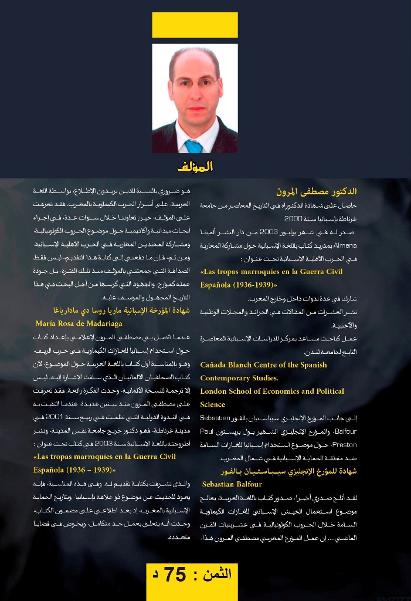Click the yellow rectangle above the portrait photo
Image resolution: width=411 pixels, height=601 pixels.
(x=195, y=25)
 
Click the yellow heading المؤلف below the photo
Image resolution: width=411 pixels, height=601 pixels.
(x=195, y=167)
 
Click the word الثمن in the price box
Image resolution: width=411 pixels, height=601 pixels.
(x=214, y=574)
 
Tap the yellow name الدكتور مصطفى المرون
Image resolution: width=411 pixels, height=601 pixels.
(x=317, y=191)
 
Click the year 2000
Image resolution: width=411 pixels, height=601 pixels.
(x=293, y=218)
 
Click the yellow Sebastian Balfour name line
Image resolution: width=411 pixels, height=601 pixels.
(x=232, y=484)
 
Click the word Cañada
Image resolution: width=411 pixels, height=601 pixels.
(x=215, y=364)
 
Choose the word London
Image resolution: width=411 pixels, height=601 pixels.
(x=215, y=391)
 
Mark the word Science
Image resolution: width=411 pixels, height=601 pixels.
(x=212, y=404)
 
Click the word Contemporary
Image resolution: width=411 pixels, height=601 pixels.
(x=226, y=378)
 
